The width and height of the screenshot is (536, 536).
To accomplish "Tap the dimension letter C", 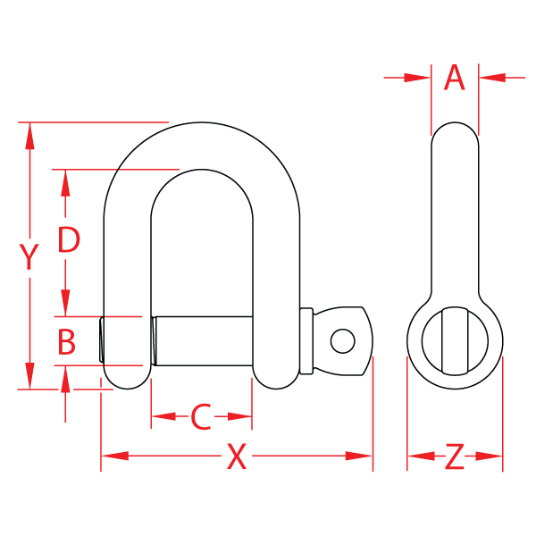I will tap(202, 416).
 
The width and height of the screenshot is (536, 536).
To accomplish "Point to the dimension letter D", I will tap(69, 240).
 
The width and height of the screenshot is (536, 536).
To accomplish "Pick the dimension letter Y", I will tap(30, 256).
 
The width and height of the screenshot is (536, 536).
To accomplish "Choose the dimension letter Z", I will tap(455, 457).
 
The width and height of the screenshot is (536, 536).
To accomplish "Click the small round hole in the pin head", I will tap(341, 340).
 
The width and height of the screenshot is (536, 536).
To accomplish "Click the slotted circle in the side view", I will tap(455, 340).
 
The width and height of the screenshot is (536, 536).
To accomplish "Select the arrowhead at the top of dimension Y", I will tap(30, 135).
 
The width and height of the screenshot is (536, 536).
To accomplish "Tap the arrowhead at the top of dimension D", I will tap(64, 181).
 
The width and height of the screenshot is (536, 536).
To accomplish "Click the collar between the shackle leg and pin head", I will tap(306, 340).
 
